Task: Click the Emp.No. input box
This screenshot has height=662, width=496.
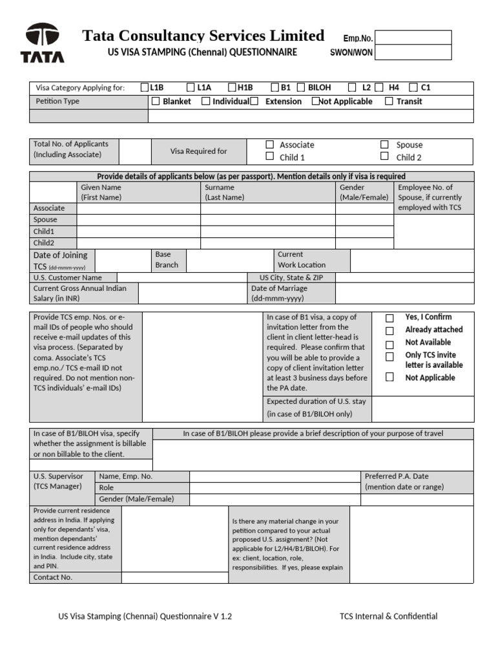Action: (413, 37)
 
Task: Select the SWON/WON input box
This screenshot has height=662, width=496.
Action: (413, 52)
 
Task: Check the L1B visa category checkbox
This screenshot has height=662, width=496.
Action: (145, 87)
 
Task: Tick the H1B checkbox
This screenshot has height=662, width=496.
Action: (232, 87)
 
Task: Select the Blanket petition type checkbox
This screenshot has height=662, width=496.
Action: (156, 101)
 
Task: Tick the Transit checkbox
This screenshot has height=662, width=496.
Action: (389, 101)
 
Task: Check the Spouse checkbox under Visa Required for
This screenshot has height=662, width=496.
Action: (384, 145)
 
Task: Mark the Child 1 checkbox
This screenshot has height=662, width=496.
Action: (270, 156)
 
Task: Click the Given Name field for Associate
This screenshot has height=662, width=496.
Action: (138, 208)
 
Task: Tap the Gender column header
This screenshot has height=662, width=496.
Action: (365, 192)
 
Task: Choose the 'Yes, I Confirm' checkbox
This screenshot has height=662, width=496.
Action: (389, 318)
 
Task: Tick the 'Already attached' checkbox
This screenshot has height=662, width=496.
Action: (389, 330)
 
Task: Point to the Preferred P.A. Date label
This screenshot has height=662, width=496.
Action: (404, 482)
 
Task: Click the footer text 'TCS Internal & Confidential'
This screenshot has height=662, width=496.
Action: (389, 616)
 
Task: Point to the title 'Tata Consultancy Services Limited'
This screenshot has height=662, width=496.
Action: (203, 36)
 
